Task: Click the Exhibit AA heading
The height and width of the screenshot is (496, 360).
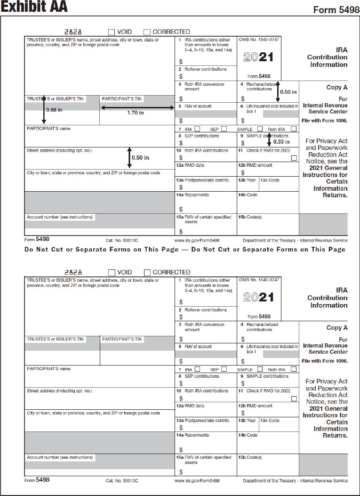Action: pyautogui.click(x=34, y=7)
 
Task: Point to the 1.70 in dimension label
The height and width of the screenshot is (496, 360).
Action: pyautogui.click(x=135, y=113)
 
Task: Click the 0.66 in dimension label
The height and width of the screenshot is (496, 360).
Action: pyautogui.click(x=54, y=110)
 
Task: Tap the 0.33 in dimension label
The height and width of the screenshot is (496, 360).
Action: pyautogui.click(x=281, y=141)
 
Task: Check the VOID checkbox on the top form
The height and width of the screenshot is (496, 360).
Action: pyautogui.click(x=112, y=32)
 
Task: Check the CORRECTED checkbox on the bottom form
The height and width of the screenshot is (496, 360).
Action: pyautogui.click(x=147, y=272)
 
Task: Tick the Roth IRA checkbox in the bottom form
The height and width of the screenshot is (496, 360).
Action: pyautogui.click(x=294, y=369)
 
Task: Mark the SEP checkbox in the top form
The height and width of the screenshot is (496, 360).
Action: pyautogui.click(x=224, y=129)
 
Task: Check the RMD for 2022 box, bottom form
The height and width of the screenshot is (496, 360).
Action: pyautogui.click(x=294, y=398)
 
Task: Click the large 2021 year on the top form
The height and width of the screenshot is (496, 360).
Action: pyautogui.click(x=258, y=57)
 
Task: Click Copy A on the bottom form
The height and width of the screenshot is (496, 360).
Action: pyautogui.click(x=337, y=328)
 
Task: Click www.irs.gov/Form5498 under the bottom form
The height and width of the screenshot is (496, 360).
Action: pyautogui.click(x=197, y=481)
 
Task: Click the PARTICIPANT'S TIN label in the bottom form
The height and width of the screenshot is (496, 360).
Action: pyautogui.click(x=122, y=339)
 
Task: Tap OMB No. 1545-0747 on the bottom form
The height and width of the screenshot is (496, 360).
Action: pyautogui.click(x=259, y=280)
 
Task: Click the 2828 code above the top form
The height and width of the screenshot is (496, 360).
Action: pyautogui.click(x=73, y=32)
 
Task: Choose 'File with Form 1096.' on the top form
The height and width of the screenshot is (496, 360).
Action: pyautogui.click(x=325, y=121)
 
